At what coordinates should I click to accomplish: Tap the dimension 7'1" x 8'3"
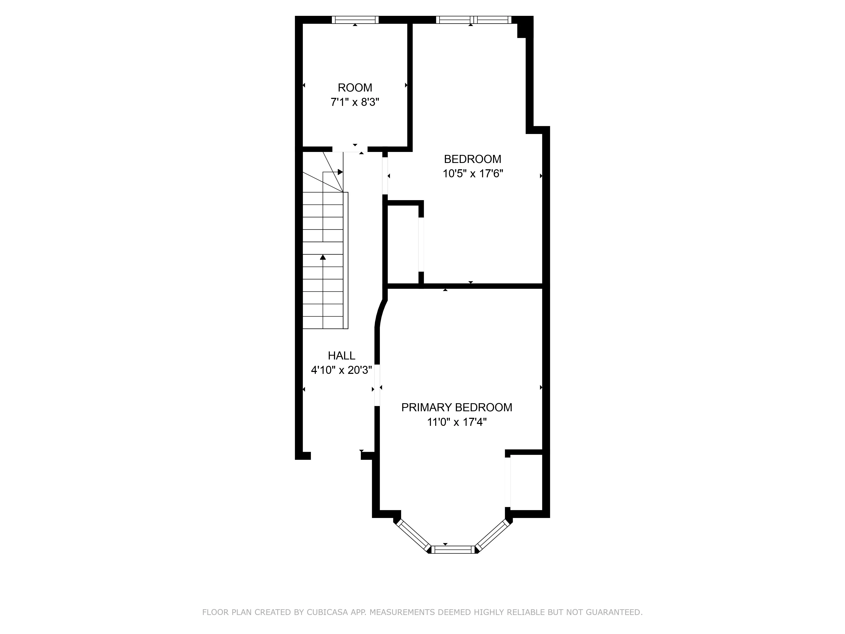[x=355, y=102]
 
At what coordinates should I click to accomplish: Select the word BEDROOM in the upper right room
[x=473, y=159]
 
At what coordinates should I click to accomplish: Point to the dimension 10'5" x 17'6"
[x=473, y=174]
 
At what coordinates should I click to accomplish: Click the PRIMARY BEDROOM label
[x=457, y=407]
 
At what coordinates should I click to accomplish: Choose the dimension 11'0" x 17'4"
[x=457, y=422]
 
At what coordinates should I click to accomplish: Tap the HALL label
[x=342, y=356]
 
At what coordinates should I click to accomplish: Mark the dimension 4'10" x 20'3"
[x=342, y=370]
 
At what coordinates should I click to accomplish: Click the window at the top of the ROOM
[x=355, y=20]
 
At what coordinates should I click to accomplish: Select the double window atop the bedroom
[x=473, y=20]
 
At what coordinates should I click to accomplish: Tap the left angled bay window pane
[x=414, y=535]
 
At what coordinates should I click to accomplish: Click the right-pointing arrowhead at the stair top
[x=340, y=172]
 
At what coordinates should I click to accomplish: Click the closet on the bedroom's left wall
[x=403, y=245]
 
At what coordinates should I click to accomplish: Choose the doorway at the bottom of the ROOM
[x=350, y=149]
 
